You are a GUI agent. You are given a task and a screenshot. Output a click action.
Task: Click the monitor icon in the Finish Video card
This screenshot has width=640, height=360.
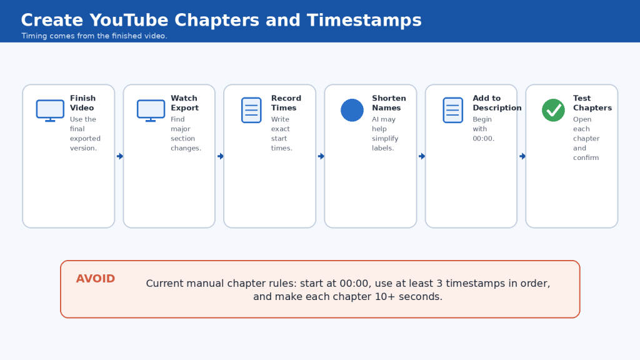[50, 110]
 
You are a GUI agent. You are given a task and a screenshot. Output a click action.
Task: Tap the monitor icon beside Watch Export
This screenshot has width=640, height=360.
[151, 110]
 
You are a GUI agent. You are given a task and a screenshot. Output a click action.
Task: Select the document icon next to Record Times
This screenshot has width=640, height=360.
[251, 110]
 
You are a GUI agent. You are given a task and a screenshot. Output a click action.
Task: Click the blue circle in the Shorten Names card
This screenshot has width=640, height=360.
[352, 110]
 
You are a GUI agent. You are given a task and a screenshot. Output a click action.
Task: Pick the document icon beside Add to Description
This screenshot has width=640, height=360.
[453, 110]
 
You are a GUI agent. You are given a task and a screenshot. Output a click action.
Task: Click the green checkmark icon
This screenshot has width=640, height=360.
[554, 110]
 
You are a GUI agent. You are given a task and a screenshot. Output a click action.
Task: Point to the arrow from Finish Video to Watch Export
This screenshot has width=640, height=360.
[120, 156]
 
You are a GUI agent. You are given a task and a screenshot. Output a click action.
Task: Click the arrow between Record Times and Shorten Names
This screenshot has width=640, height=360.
[321, 156]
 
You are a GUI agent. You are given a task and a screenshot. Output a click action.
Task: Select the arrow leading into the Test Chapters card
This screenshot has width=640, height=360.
[522, 156]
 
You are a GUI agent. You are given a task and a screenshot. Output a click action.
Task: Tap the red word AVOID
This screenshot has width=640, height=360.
[96, 279]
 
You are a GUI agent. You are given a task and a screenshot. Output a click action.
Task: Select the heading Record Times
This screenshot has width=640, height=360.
[286, 103]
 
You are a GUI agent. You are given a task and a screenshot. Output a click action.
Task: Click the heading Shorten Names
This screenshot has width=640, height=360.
[389, 103]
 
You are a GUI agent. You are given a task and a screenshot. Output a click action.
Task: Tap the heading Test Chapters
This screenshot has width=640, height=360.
[592, 103]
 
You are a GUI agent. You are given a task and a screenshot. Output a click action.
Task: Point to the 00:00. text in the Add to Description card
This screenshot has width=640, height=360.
[483, 138]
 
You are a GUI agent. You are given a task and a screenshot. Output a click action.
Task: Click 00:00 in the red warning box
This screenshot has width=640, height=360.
[354, 283]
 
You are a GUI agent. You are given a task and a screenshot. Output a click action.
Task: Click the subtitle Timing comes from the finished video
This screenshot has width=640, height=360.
[94, 36]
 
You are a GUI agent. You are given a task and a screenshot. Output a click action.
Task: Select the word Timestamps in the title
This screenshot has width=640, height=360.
[364, 20]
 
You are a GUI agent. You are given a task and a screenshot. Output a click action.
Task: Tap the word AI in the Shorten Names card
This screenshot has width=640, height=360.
[376, 119]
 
